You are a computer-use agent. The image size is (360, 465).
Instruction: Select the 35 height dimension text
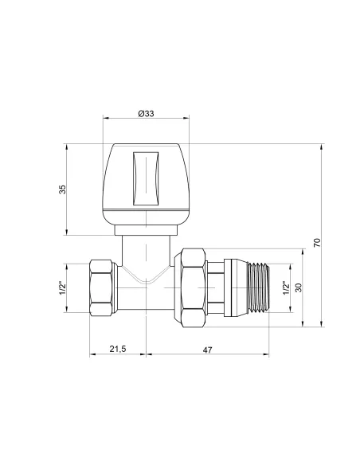(x=62, y=189)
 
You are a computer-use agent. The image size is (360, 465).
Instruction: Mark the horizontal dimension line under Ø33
(x=146, y=120)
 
